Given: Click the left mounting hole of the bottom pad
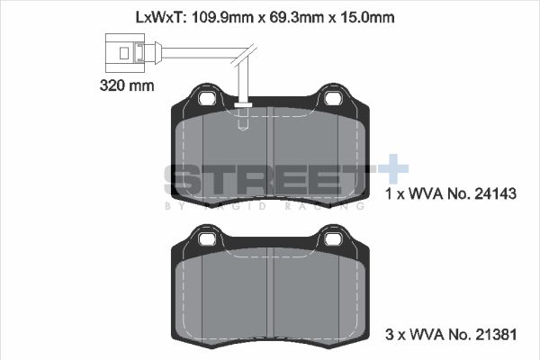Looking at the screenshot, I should (205, 239).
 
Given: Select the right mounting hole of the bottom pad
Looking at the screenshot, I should (334, 239).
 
